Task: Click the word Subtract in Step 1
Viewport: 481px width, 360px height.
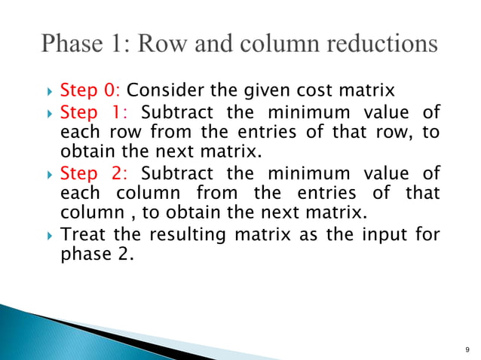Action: point(176,113)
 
